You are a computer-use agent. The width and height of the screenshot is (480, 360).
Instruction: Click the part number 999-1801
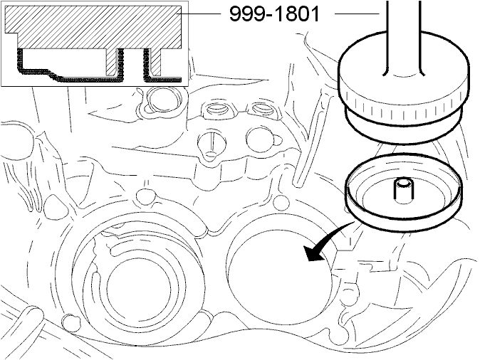[275, 14]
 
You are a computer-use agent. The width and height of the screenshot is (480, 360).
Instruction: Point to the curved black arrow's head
[315, 253]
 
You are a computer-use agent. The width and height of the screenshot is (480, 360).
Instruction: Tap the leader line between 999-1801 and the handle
[358, 14]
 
